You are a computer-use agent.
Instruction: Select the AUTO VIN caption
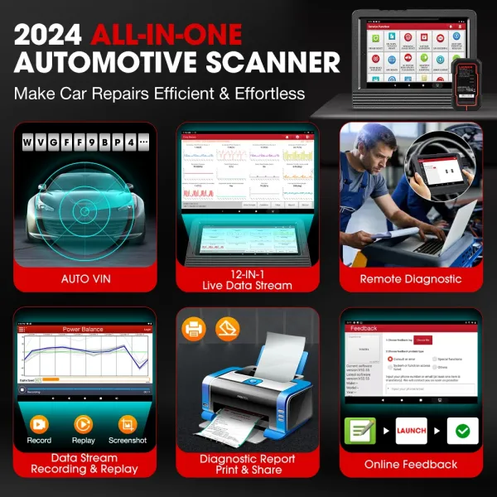pos(84,279)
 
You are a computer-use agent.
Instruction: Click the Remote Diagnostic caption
pos(411,279)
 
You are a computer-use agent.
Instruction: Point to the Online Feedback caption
pos(411,464)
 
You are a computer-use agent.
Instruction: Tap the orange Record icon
pos(39,424)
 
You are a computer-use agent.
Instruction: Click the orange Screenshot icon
pos(128,424)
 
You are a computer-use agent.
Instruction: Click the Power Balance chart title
pos(83,329)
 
